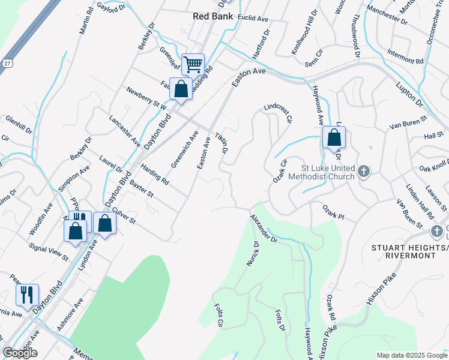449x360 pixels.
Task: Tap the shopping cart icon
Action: point(193,64)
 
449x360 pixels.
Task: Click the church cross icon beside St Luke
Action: point(363,173)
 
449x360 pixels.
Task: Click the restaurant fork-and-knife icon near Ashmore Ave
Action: point(27,295)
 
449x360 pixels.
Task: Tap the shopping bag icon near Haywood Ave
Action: point(334,137)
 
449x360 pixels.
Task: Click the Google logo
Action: point(20,353)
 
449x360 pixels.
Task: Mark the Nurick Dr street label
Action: point(252,254)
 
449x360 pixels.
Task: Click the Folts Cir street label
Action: point(218,316)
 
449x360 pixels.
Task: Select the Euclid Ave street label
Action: point(253,19)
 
